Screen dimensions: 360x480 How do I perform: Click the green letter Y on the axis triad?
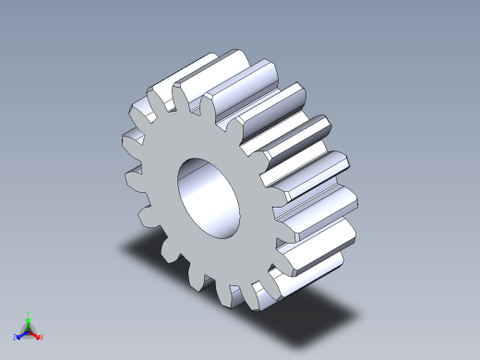click(x=30, y=312)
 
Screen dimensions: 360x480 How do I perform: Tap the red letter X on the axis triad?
click(x=42, y=337)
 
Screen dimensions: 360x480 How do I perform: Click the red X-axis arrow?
click(x=36, y=333)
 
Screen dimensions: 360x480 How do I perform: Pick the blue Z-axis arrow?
click(x=22, y=334)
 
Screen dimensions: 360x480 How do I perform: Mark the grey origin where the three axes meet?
click(x=29, y=330)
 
